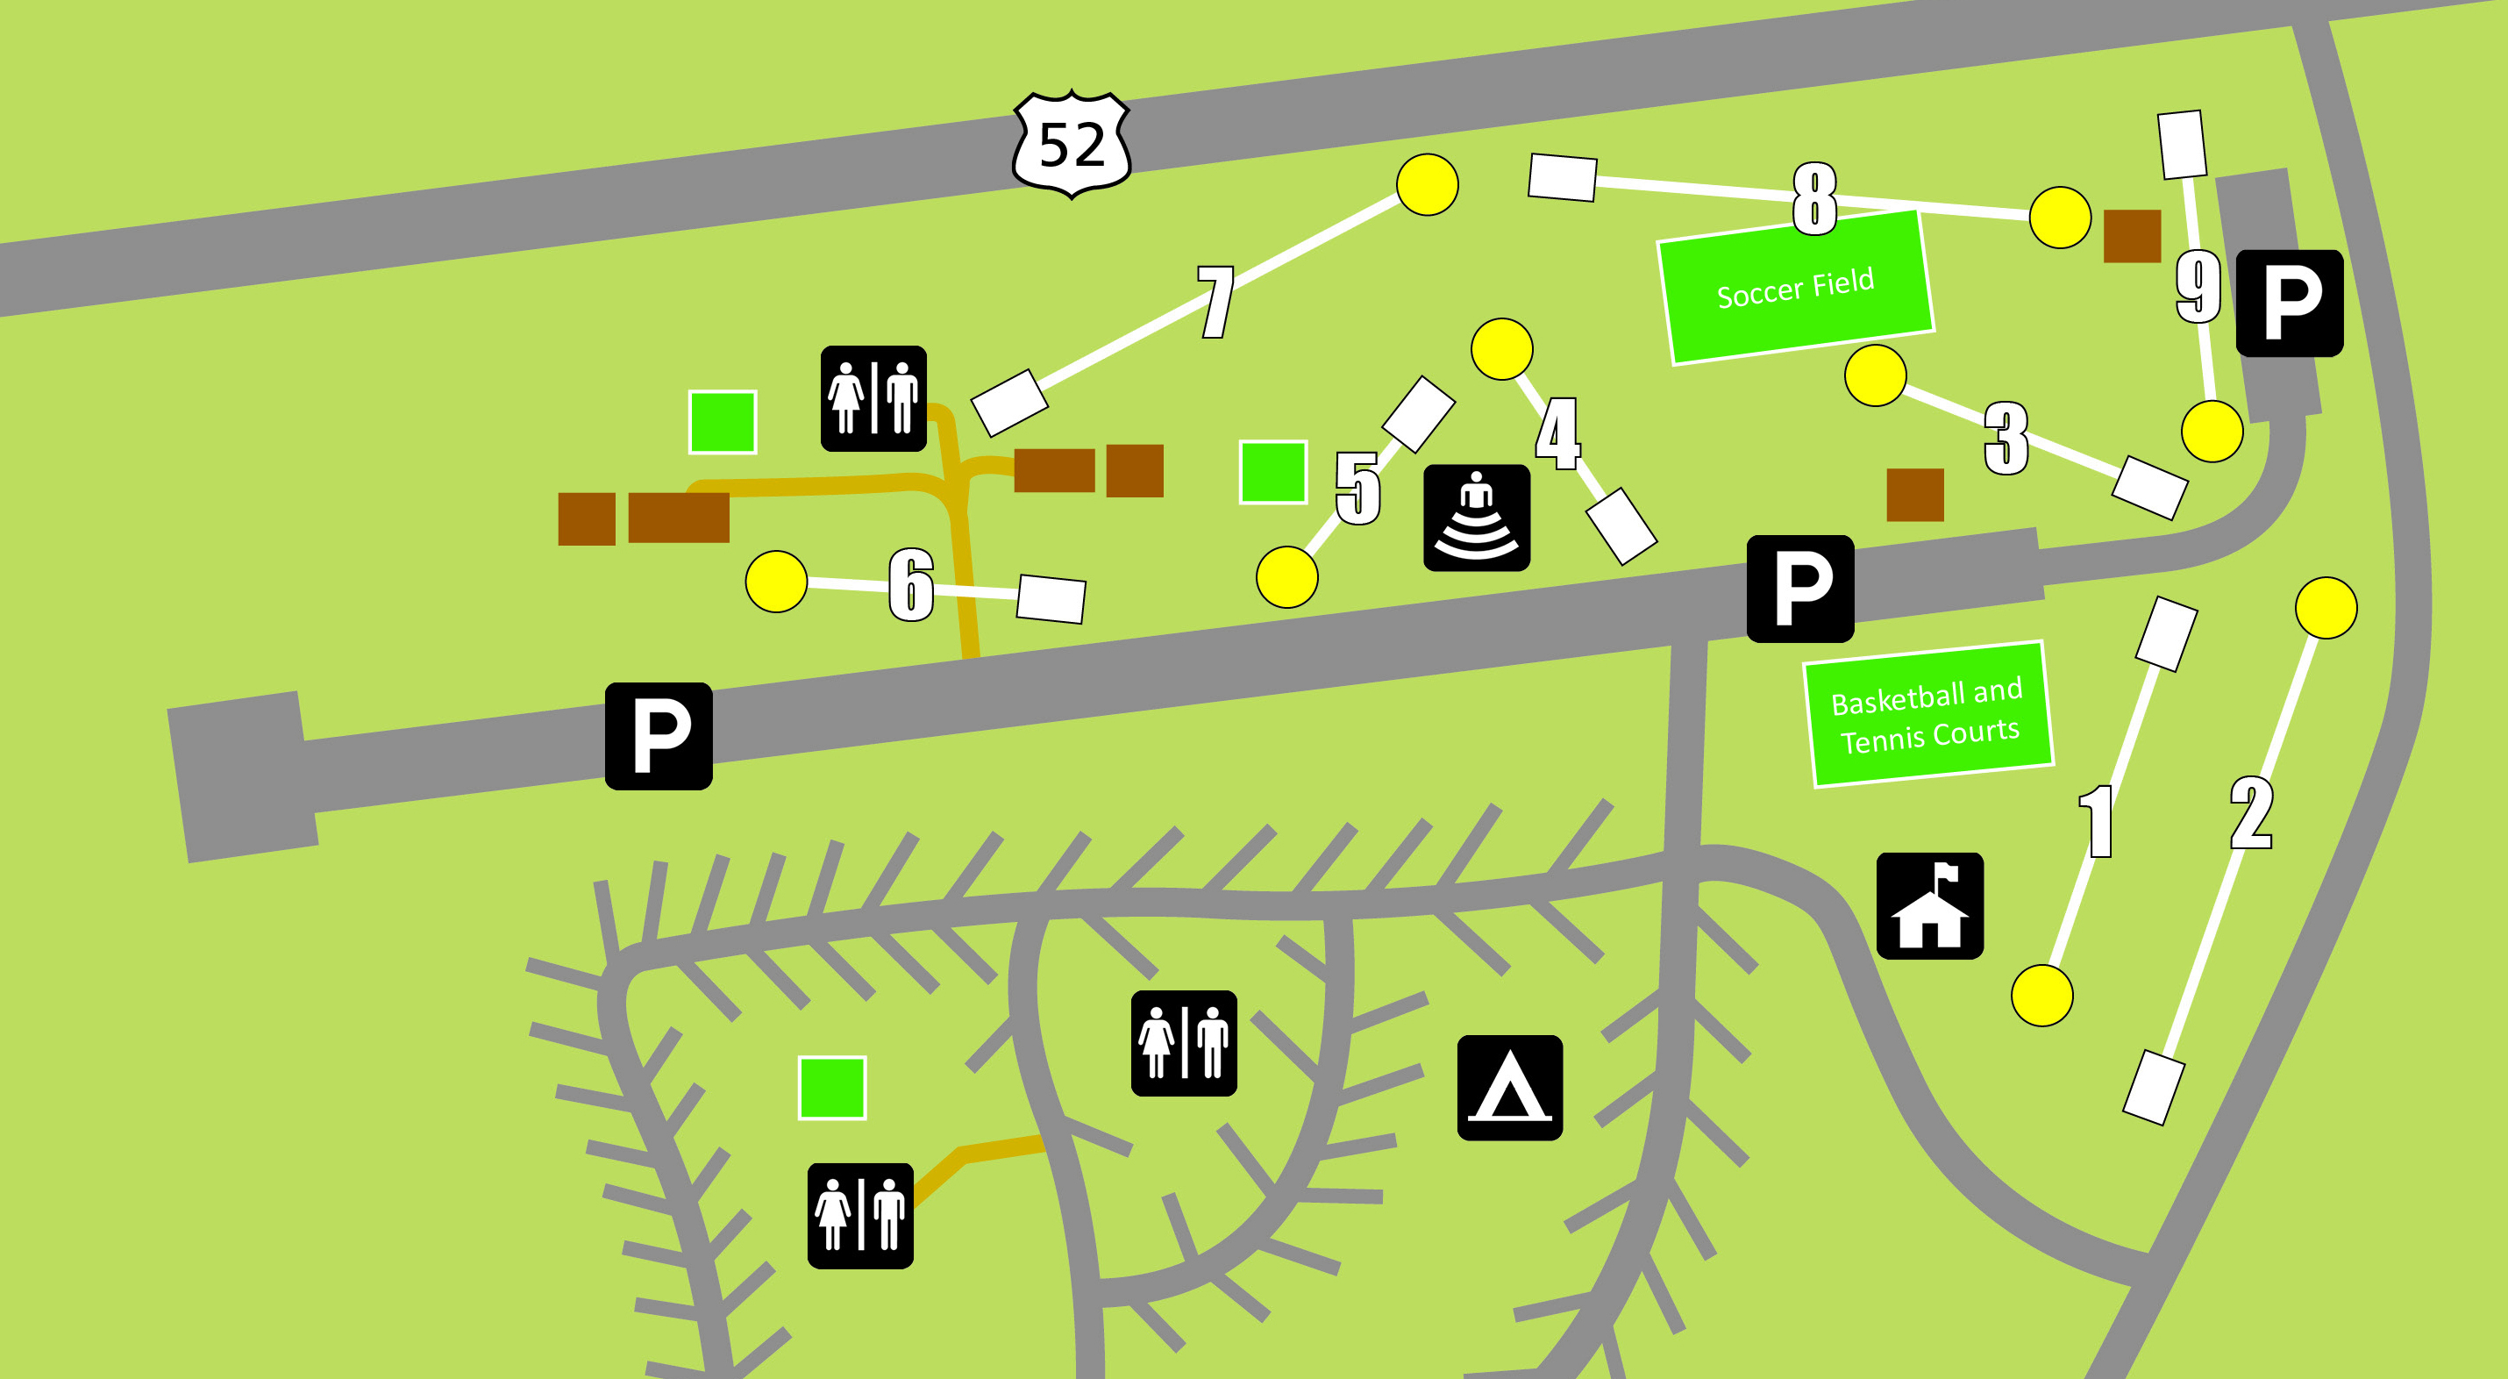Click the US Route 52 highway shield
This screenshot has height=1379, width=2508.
pos(1071,144)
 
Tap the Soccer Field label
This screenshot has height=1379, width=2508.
pos(1795,289)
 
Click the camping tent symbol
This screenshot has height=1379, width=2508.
pos(1509,1087)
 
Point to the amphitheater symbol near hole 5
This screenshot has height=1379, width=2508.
pos(1476,518)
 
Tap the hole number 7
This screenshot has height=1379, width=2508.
pos(1216,302)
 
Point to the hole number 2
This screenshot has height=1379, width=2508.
pos(2251,813)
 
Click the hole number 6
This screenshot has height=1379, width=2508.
pos(911,583)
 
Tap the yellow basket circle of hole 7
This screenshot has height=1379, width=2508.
pos(1427,184)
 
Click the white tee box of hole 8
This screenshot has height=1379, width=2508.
pos(1562,177)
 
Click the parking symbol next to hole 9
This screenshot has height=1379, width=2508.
pos(2289,303)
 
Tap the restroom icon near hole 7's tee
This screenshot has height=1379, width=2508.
pos(873,398)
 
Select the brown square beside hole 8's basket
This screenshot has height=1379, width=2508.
pos(2131,236)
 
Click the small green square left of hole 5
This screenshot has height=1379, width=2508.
pos(1272,472)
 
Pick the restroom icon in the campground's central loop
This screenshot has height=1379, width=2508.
pos(1183,1043)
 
